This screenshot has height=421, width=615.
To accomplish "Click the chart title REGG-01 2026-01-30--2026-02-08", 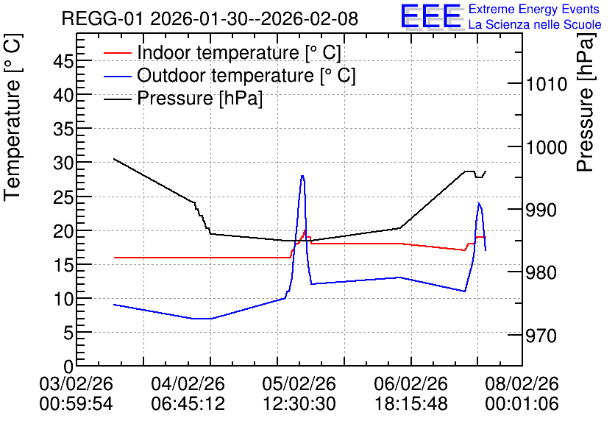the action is (210, 18).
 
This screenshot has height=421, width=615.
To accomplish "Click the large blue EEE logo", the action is (431, 16).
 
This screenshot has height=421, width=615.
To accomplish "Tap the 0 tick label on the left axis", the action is (68, 367).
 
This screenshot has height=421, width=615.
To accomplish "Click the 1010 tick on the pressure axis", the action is (541, 84).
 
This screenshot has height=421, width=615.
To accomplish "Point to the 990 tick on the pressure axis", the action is (541, 210).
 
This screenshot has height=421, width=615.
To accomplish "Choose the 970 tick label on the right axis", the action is (541, 336).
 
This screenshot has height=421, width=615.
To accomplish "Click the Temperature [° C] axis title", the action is (13, 118).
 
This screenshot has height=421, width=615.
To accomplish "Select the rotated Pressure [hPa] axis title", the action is (585, 102).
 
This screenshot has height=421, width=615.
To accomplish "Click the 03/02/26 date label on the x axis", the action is (76, 383).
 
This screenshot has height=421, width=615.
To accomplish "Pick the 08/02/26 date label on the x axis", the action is (522, 383).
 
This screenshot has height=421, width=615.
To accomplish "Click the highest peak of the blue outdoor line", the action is (302, 176).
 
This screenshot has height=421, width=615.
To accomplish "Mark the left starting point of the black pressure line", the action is (114, 159).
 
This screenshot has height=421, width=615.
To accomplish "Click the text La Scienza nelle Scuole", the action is (535, 25).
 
